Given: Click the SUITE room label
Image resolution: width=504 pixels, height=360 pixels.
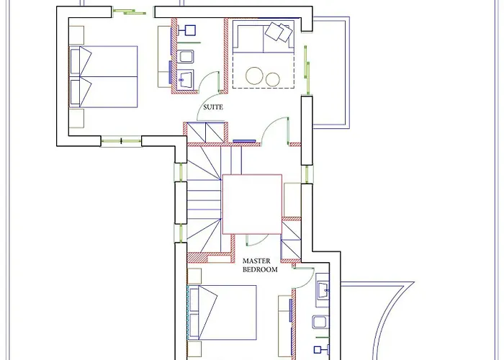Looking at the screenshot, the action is coord(213,107).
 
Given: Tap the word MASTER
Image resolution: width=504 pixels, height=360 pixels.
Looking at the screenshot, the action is coord(256,261).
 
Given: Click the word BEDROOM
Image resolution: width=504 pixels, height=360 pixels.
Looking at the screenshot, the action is coord(260,269).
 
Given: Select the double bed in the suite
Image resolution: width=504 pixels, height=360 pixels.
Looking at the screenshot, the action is coord(104,77).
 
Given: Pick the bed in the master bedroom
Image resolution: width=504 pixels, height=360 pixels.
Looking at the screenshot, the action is coord(222,312).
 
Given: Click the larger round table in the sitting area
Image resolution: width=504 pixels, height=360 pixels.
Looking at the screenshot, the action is coord(255,76).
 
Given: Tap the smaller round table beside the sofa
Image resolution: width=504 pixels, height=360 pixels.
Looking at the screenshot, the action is coord(273,79).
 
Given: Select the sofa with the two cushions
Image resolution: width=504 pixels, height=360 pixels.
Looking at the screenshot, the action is coord(264,37).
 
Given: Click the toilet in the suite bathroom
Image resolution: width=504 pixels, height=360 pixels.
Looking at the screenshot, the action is coord(186,57).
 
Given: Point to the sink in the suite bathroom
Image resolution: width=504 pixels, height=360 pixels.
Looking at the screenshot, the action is coord(185,78).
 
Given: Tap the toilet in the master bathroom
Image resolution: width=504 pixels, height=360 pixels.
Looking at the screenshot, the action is coord(321,322).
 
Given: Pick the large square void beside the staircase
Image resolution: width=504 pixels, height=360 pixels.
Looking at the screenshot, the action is coord(252,204).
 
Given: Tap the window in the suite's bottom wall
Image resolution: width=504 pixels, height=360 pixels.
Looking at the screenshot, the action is coord(121,141).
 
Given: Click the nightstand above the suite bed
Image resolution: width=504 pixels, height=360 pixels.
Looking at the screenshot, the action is coord(76,35).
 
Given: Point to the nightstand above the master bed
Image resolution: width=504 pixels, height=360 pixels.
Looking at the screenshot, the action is coord(194,276).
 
